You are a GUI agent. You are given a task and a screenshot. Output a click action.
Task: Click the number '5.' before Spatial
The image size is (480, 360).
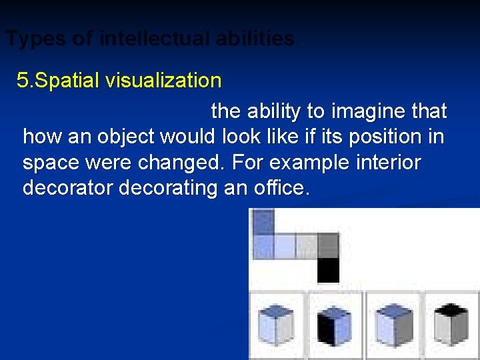25,81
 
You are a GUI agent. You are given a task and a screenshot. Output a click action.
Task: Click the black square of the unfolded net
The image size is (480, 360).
328,271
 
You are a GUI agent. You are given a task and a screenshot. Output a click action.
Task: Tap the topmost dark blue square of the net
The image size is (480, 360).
264,221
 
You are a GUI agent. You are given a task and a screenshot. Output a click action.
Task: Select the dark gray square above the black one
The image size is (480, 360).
328,245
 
